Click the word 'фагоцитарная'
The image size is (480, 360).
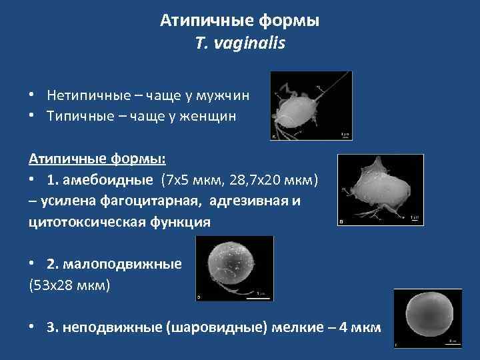click(150, 201)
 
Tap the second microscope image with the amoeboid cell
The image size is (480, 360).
click(380, 189)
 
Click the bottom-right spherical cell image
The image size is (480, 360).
click(427, 318)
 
